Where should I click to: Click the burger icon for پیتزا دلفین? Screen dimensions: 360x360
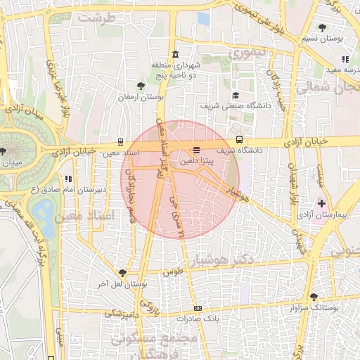[196, 150]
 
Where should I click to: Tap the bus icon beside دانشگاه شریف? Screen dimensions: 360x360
[240, 139]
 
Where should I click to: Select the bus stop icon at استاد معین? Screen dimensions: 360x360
[122, 141]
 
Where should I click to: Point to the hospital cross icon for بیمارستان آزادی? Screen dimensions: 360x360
[322, 202]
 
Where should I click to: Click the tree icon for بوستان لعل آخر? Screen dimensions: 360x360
[123, 273]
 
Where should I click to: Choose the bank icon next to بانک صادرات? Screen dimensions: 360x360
[198, 307]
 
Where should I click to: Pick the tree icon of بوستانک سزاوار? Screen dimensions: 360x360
[314, 297]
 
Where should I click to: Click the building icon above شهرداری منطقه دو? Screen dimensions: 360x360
[174, 55]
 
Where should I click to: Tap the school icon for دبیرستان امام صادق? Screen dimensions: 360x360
[67, 179]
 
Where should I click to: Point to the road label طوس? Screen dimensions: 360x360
[173, 271]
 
